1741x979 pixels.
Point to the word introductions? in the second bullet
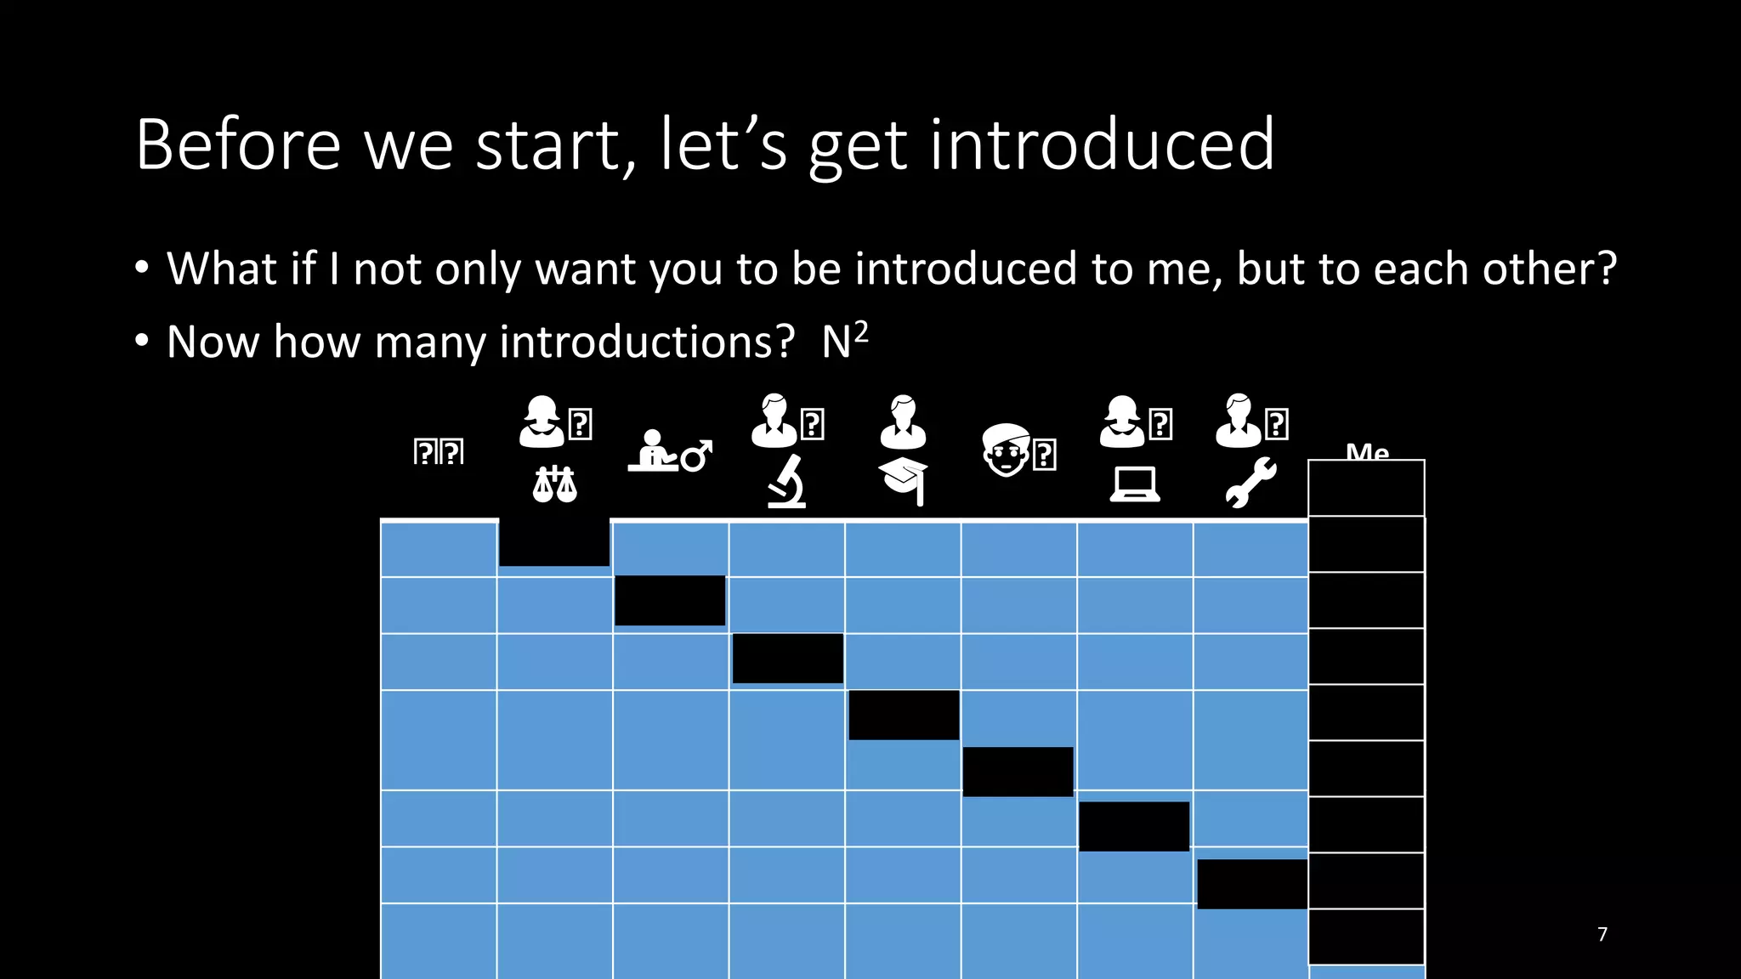tap(647, 342)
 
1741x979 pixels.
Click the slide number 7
tap(1602, 934)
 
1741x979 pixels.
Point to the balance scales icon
tap(554, 484)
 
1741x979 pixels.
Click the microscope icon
tap(787, 481)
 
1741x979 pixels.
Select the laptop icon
tap(1135, 484)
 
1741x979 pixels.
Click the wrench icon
tap(1250, 482)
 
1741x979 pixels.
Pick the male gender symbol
tap(696, 456)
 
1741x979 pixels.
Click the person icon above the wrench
tap(1239, 421)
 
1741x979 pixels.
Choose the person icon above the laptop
tap(1122, 422)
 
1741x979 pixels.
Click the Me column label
tap(1367, 451)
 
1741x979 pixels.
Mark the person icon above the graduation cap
tap(903, 422)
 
